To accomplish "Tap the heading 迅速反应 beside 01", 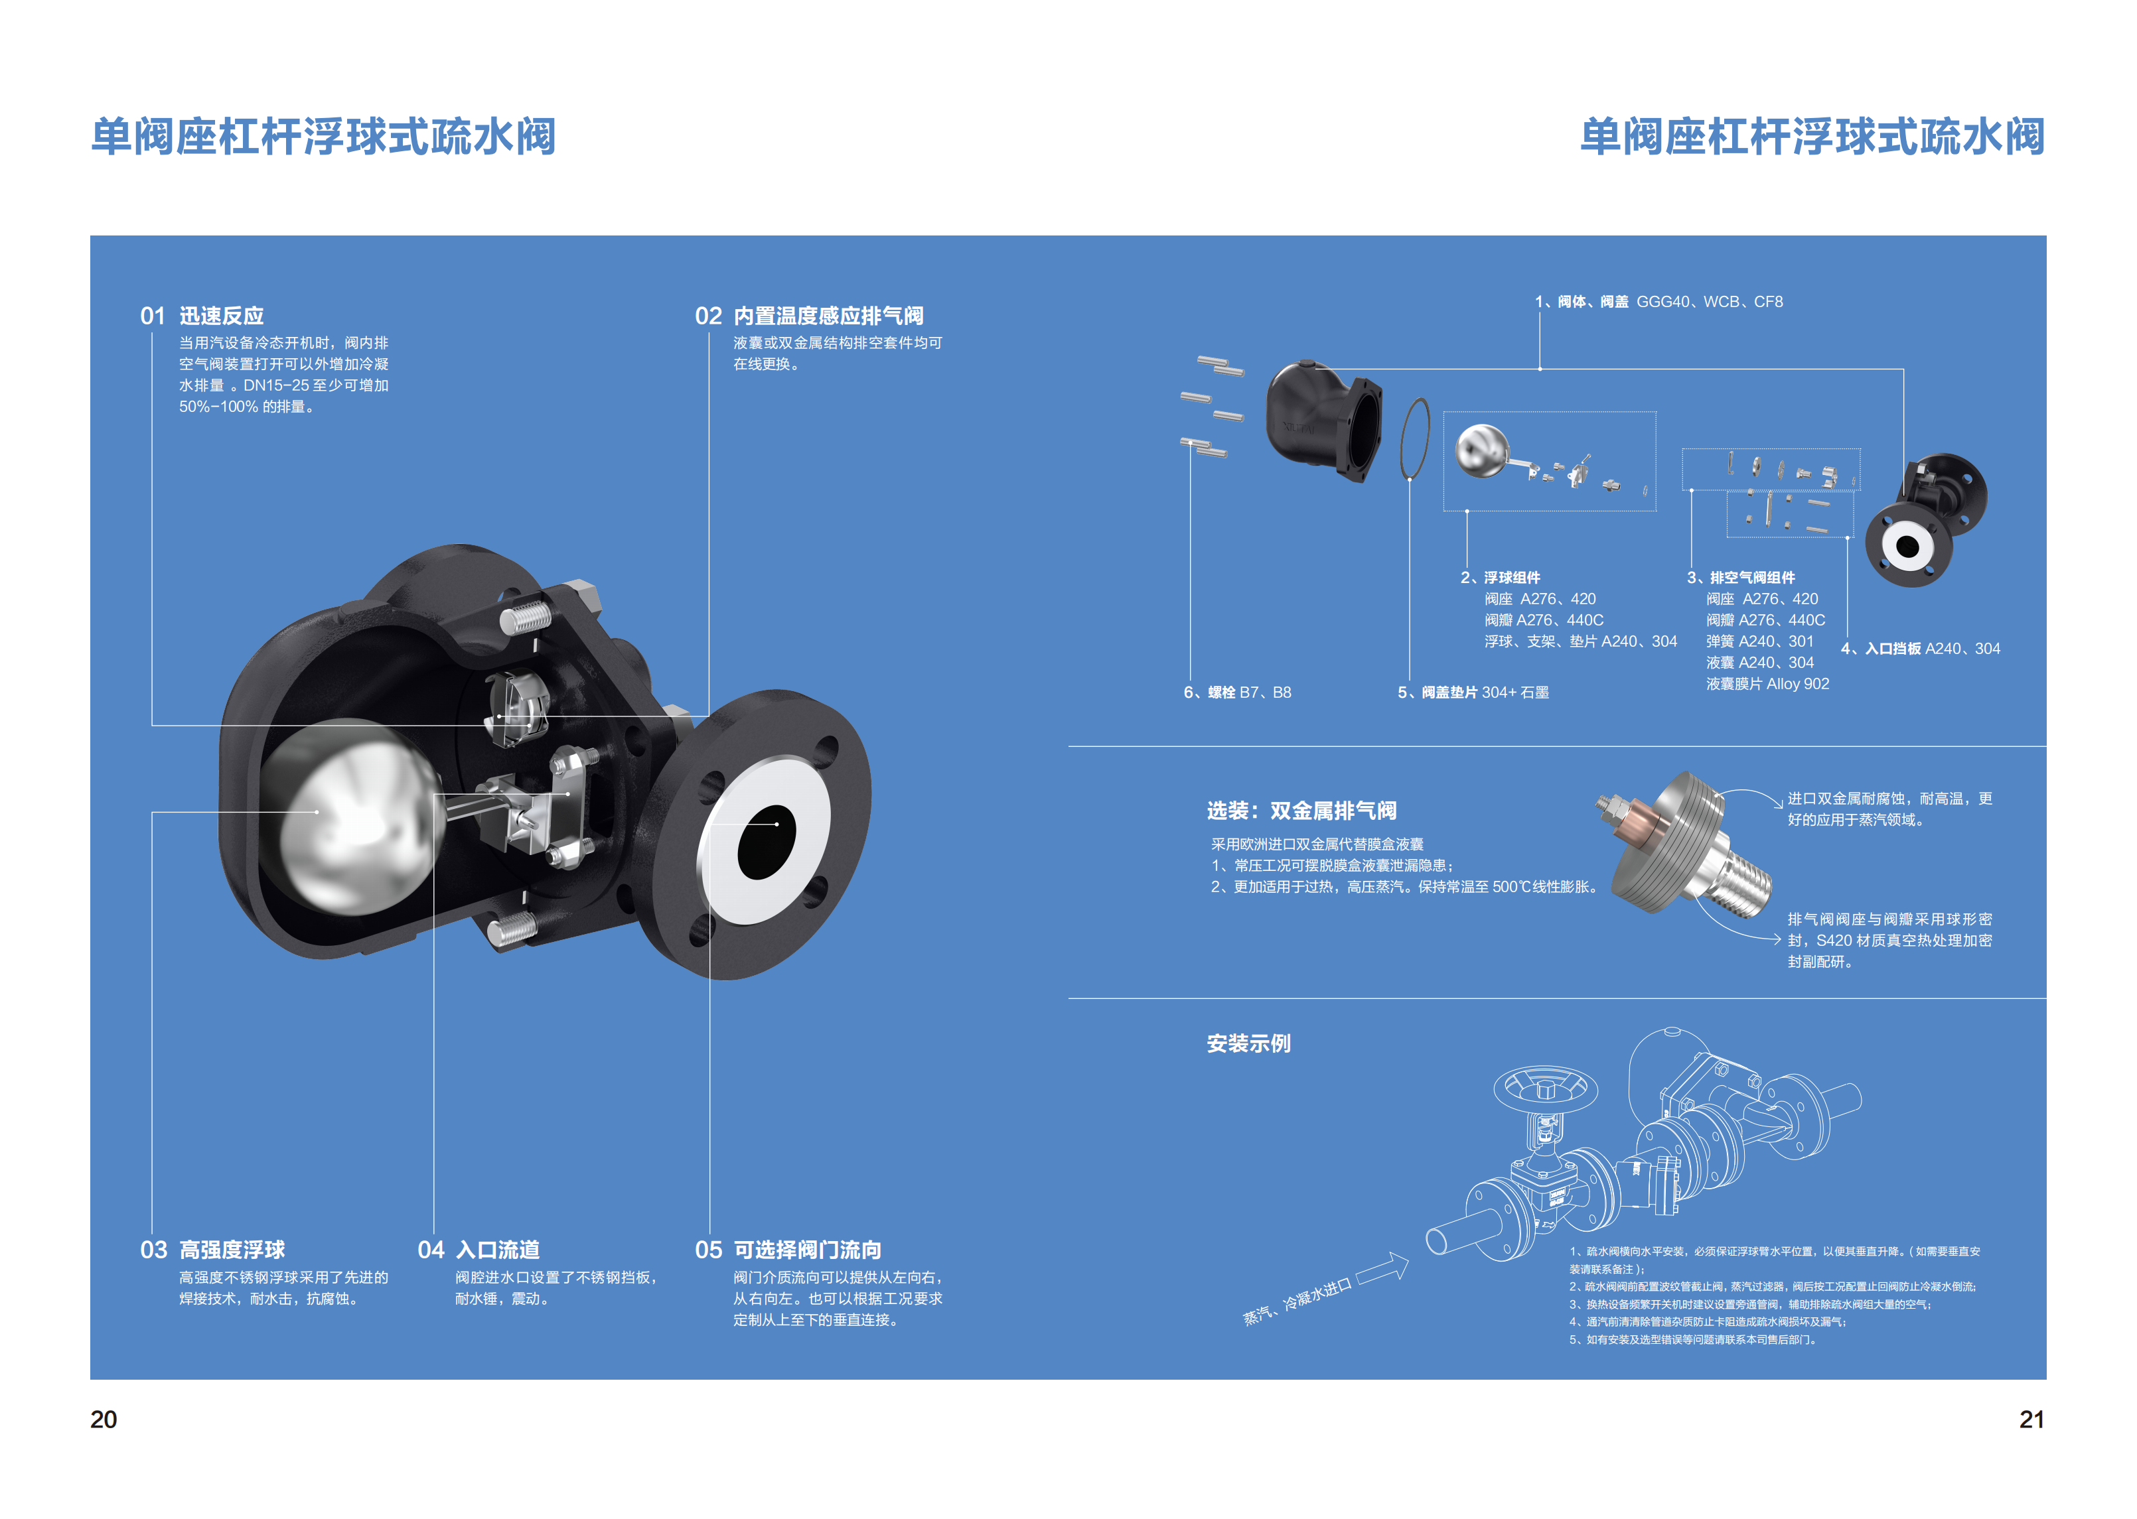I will [x=222, y=316].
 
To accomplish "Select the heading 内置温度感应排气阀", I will [x=828, y=316].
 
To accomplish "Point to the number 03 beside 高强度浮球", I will [x=153, y=1250].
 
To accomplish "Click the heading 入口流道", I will [x=497, y=1250].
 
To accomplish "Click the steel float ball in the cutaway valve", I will [x=351, y=814].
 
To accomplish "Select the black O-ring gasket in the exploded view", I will [x=1416, y=438].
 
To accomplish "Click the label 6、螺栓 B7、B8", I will [x=1237, y=692].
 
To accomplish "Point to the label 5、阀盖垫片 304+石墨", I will [x=1473, y=692].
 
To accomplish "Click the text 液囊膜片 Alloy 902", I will [x=1767, y=684].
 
